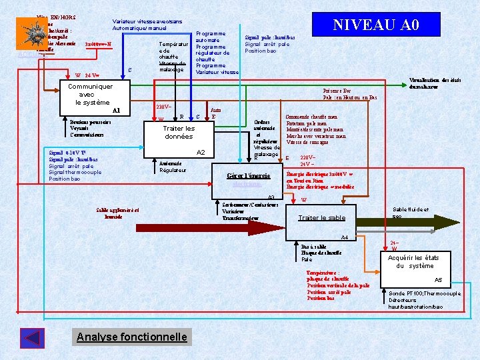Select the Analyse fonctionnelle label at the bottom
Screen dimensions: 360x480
[132, 337]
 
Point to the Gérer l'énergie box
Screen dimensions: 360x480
[248, 175]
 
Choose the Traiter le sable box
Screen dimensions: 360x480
[322, 218]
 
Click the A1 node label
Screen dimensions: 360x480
[117, 110]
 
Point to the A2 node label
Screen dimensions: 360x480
[200, 153]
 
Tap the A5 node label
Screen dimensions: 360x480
[438, 280]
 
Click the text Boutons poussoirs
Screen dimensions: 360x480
[91, 122]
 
